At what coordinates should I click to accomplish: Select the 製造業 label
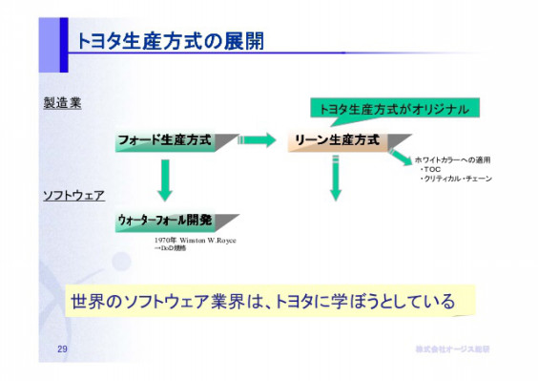[62, 102]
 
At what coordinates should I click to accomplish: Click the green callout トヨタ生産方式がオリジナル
[392, 109]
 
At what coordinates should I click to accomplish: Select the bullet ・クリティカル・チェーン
[456, 179]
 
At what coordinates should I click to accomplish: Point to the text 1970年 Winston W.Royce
[195, 240]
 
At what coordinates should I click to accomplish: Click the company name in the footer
[453, 352]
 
